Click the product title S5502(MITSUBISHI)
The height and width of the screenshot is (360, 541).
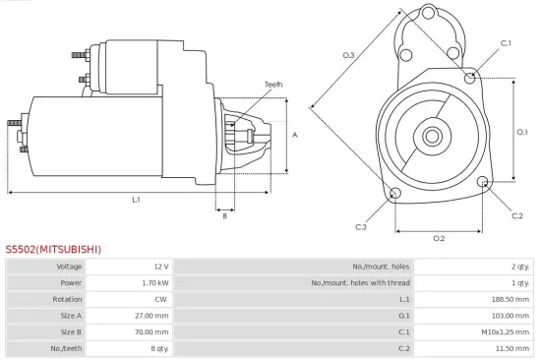click(x=53, y=250)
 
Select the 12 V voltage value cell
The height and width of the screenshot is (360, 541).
click(x=161, y=267)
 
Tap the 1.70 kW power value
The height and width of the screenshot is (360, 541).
click(x=155, y=282)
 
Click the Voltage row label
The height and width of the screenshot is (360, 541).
click(x=70, y=267)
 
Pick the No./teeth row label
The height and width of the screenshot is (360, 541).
click(x=69, y=348)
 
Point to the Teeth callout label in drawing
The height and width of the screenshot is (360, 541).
click(x=273, y=86)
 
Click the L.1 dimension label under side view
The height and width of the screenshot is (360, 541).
click(x=136, y=200)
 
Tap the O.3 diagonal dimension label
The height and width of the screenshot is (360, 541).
click(x=348, y=55)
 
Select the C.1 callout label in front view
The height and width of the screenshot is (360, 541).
click(x=506, y=43)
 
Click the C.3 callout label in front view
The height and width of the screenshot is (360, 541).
click(x=361, y=227)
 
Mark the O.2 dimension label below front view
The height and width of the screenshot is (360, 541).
click(x=439, y=238)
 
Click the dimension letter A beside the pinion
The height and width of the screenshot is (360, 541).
click(x=295, y=135)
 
